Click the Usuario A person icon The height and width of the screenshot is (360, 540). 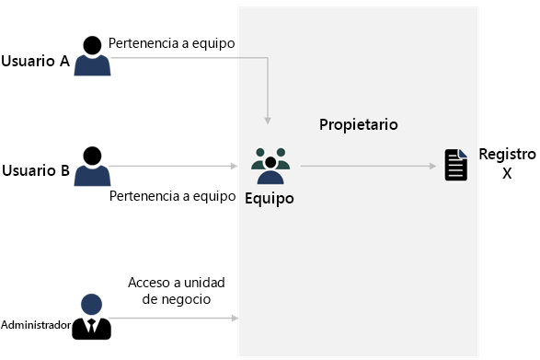(92, 55)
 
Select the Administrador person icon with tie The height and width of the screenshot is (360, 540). (92, 317)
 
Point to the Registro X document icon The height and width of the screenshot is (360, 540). (455, 165)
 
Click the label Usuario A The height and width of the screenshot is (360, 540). (36, 62)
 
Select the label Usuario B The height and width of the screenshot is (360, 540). (36, 170)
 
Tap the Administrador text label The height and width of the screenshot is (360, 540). (36, 325)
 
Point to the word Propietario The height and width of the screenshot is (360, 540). (358, 124)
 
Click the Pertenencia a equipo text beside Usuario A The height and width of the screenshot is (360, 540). (172, 43)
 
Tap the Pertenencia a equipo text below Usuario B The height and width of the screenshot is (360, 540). (173, 195)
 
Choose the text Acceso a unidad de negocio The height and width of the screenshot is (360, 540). (177, 290)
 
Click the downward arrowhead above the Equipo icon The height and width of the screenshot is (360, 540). (268, 120)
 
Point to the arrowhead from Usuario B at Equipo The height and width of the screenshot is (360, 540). (235, 167)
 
